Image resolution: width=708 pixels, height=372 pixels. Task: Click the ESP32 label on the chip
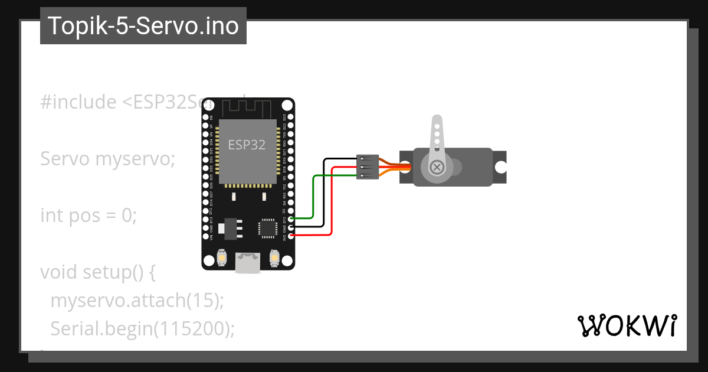(247, 143)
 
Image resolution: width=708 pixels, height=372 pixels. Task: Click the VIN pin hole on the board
(206, 236)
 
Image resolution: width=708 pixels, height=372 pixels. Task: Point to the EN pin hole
(206, 117)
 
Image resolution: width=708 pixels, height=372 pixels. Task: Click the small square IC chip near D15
(267, 227)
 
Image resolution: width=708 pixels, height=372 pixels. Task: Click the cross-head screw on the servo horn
(437, 167)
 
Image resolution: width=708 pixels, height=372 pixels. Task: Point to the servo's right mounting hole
(500, 167)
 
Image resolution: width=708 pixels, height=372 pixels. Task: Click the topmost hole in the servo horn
(437, 125)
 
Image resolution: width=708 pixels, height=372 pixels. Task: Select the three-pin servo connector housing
(366, 167)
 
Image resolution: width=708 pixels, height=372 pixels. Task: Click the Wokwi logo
(627, 325)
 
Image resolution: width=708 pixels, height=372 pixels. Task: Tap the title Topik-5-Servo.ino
(143, 26)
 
